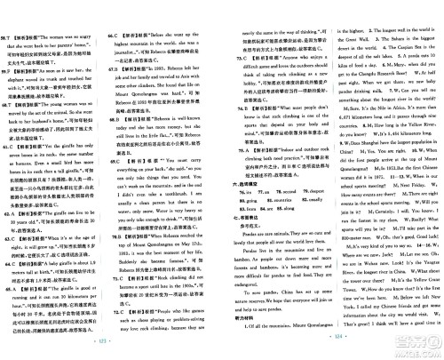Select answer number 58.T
10,9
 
